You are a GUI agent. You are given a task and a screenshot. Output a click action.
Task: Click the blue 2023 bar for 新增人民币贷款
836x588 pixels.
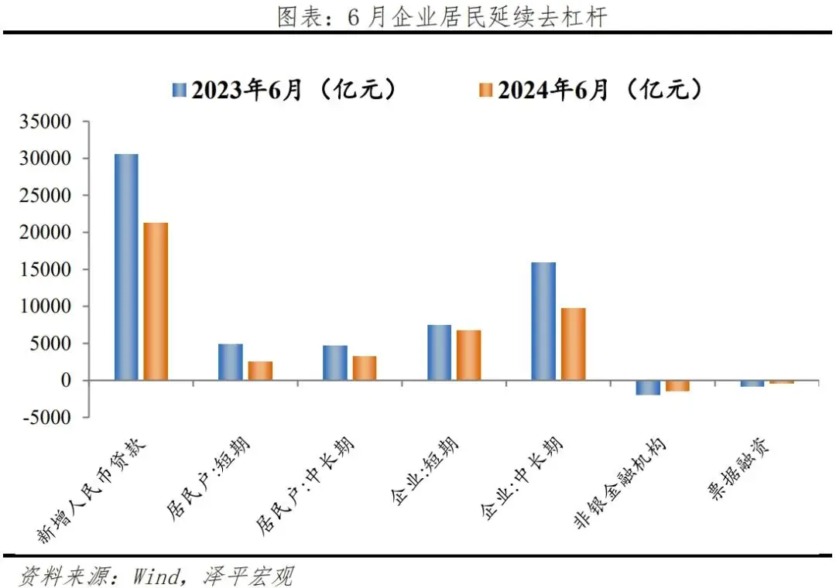[x=126, y=267]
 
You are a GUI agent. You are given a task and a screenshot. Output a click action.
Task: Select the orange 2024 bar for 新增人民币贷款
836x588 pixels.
[x=156, y=301]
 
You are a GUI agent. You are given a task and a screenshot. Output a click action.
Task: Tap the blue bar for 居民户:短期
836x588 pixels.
[x=231, y=362]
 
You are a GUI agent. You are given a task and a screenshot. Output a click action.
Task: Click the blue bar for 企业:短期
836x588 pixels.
[x=439, y=352]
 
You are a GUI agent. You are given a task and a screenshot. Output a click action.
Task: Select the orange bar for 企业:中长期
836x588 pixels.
[x=573, y=344]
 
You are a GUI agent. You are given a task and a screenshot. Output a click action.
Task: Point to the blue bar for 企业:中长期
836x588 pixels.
[x=543, y=321]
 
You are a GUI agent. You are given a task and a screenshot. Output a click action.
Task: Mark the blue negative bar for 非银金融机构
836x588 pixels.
[x=648, y=388]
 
